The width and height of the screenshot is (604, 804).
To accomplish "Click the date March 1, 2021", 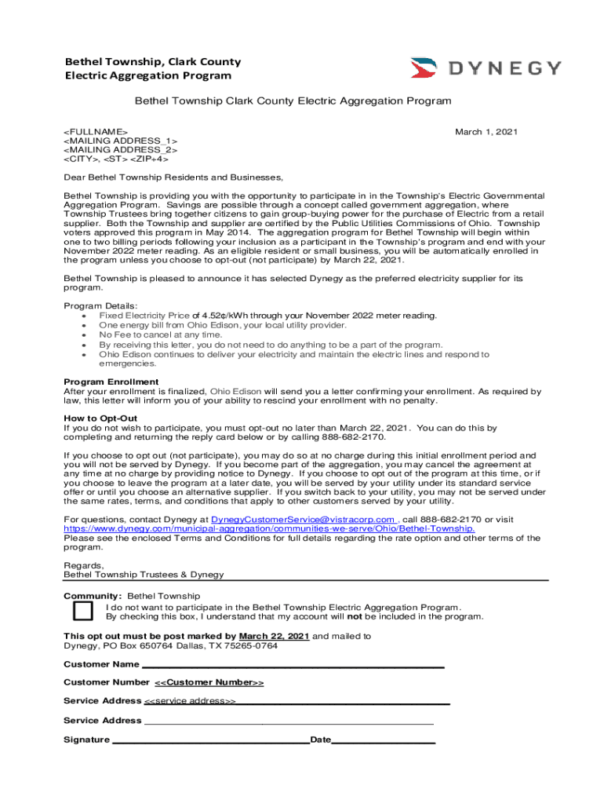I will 486,132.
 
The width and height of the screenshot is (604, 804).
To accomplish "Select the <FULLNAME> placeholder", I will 96,132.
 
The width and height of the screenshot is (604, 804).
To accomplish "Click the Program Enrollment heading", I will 111,382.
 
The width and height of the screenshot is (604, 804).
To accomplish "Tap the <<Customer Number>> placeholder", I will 209,683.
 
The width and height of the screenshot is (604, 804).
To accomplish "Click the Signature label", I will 86,740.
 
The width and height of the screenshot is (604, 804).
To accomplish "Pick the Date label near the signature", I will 322,740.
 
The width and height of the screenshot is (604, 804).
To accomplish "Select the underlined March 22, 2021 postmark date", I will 274,636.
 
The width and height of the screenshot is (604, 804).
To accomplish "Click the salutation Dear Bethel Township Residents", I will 173,177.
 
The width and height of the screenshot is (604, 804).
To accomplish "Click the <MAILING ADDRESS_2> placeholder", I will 120,149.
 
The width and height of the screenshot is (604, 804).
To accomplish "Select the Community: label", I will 93,596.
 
